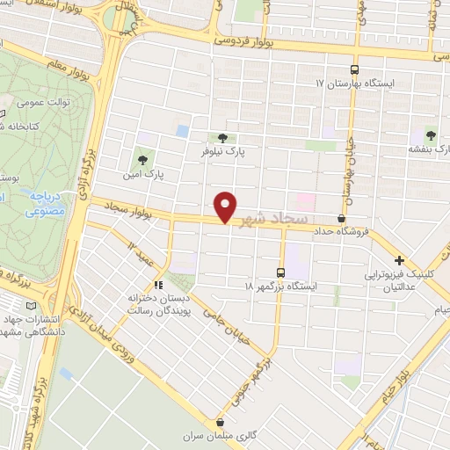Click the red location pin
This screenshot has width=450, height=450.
coord(227,206)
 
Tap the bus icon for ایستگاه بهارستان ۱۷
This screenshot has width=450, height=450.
coord(354,69)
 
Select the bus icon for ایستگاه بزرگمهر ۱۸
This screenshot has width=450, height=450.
coord(281,272)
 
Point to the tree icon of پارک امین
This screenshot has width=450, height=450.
coord(142,159)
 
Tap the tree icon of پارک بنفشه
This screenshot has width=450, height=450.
coord(431,134)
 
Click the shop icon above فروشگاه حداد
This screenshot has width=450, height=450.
coord(341,219)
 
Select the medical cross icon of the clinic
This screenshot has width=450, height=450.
coord(400,260)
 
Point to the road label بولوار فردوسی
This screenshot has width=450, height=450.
coord(245,41)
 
